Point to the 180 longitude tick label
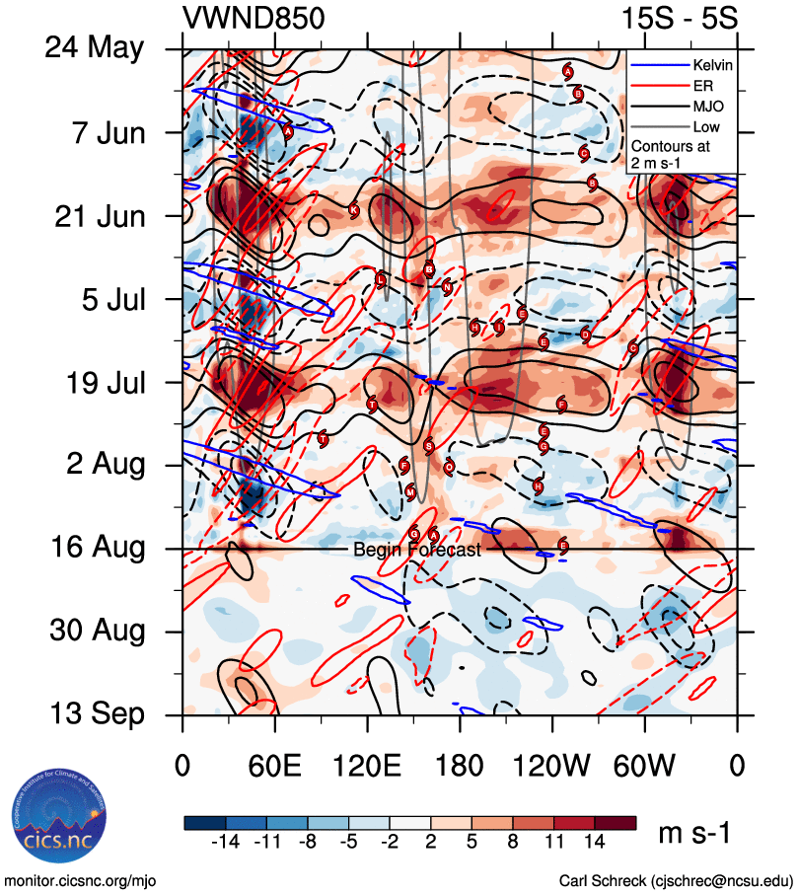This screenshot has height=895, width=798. pos(460,766)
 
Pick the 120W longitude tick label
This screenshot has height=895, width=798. pos(552,766)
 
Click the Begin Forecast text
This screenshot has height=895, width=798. pos(416,550)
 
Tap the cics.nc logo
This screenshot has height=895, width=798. pos(58,823)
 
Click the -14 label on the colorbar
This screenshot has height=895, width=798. pos(227,842)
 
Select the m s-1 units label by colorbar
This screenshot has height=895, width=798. pos(693,834)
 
